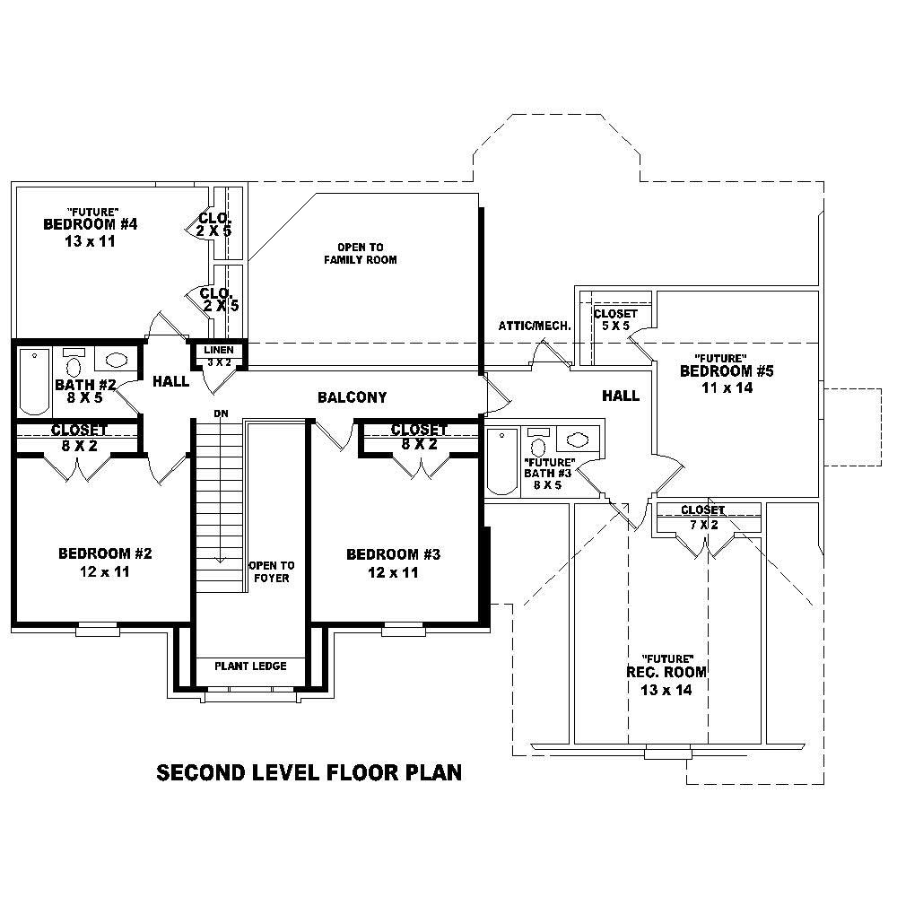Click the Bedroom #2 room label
tap(105, 553)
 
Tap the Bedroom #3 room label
tap(393, 554)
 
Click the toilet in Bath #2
tap(74, 364)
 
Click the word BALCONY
tap(353, 397)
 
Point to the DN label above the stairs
tap(219, 413)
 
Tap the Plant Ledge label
tap(250, 666)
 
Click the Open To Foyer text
tap(271, 571)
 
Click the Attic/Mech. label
tap(535, 326)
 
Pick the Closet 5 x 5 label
tap(615, 319)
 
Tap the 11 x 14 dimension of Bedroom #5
tap(727, 388)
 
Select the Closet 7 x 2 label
tap(702, 517)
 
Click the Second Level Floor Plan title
tap(309, 772)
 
